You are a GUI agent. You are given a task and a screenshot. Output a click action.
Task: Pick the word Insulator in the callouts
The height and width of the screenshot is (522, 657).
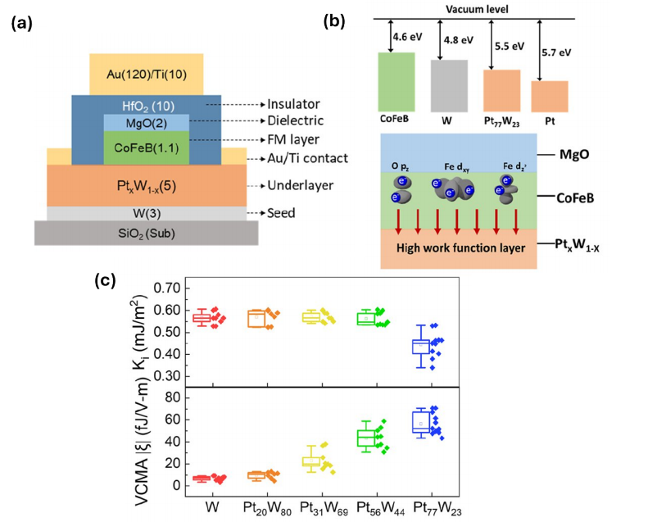292,105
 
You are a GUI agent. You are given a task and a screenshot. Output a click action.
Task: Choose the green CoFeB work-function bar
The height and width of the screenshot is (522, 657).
400,81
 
